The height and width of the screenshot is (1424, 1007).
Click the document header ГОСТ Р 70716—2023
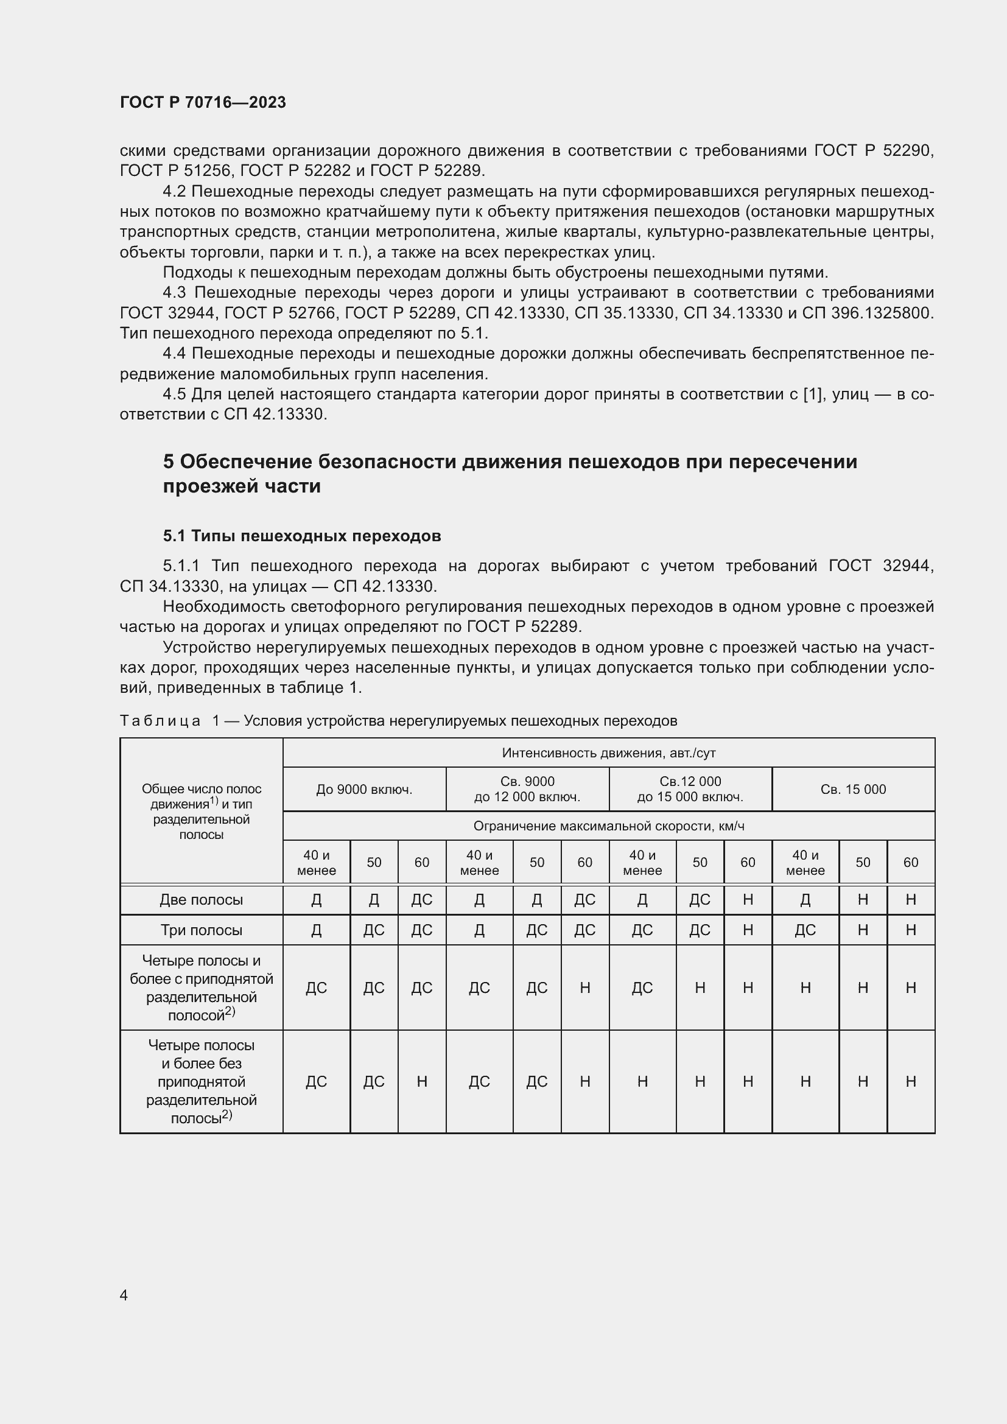click(x=203, y=102)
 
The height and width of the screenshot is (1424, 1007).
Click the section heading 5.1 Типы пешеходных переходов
click(x=302, y=535)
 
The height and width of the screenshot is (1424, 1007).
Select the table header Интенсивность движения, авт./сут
click(x=608, y=753)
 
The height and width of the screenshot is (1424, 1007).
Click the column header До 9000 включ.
click(x=364, y=789)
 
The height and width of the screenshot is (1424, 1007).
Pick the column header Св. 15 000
click(x=852, y=789)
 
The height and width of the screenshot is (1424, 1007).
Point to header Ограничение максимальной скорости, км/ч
click(x=608, y=826)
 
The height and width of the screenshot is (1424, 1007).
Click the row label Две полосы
click(x=201, y=899)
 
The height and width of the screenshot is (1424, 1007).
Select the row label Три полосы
click(x=201, y=930)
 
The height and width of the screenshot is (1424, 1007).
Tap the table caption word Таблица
click(x=160, y=721)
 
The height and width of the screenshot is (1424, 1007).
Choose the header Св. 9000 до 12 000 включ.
click(x=527, y=789)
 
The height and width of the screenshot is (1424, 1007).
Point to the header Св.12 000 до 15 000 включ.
click(x=690, y=789)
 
